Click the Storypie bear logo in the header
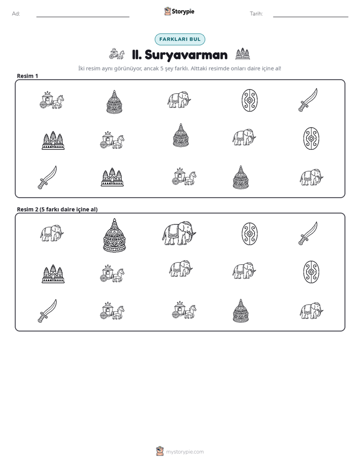pos(167,11)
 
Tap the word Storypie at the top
pos(183,12)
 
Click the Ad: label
pos(16,14)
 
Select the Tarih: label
pos(256,14)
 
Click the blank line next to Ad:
pos(83,17)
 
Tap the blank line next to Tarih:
pos(311,17)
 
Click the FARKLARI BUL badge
pos(180,39)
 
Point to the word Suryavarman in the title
pos(186,55)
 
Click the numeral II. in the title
pos(137,55)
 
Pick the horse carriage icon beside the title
pos(117,54)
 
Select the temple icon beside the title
pos(243,54)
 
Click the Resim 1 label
pos(27,76)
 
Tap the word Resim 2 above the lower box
pos(28,209)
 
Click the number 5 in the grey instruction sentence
pos(162,69)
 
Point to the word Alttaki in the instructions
pos(200,69)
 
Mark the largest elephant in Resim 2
pos(179,234)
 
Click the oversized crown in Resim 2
pos(114,235)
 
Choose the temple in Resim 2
pos(53,274)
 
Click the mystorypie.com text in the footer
pos(185,452)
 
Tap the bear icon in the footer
pos(160,451)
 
